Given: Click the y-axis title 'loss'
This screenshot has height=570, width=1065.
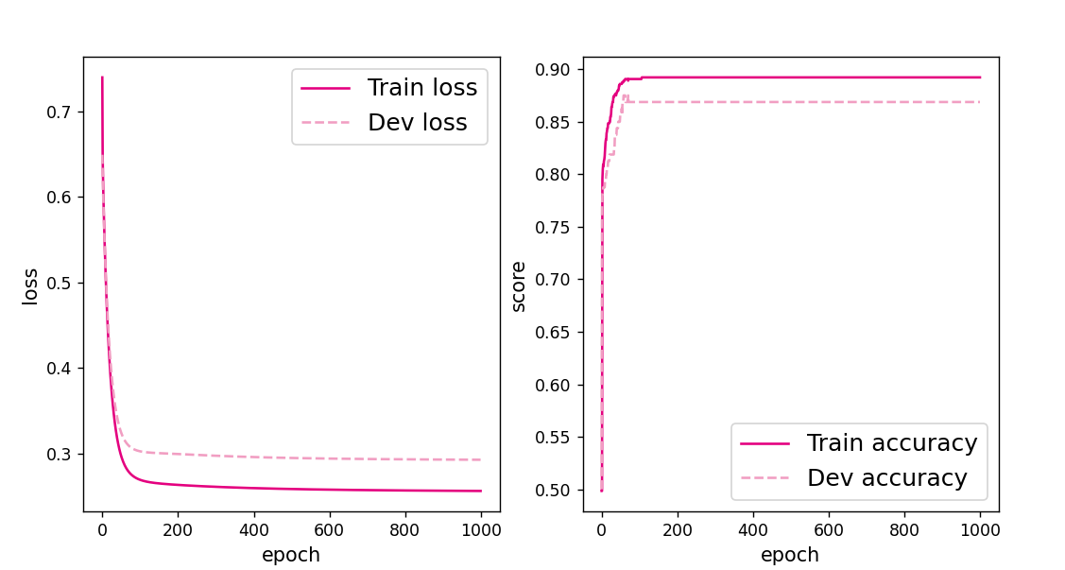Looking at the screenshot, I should coord(31,285).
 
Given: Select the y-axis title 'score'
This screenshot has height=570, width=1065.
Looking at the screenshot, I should coord(519,285).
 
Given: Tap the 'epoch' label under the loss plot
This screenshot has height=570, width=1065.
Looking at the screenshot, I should coord(291,555).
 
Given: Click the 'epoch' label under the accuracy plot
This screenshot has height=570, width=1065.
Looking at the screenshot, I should coord(790,555).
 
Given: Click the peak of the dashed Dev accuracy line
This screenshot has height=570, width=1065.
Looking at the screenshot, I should coord(625,95).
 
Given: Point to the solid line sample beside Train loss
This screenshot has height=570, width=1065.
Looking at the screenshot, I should coord(325,88).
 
